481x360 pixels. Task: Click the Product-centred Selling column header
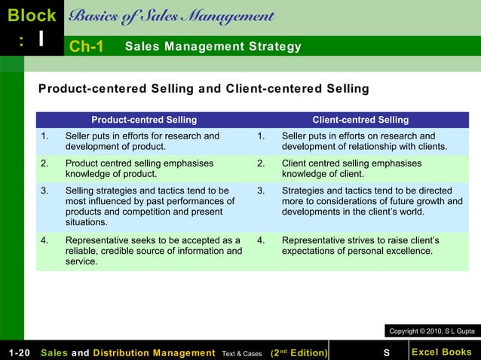pyautogui.click(x=144, y=120)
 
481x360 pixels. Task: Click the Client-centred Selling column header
pyautogui.click(x=360, y=120)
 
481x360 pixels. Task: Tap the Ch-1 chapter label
pyautogui.click(x=86, y=47)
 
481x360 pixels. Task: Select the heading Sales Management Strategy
pyautogui.click(x=213, y=47)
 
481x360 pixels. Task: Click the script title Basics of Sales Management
pyautogui.click(x=172, y=17)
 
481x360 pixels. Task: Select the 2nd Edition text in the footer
pyautogui.click(x=299, y=352)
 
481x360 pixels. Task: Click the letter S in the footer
pyautogui.click(x=386, y=352)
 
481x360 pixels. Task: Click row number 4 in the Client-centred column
pyautogui.click(x=261, y=241)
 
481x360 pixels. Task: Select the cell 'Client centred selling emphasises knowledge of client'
pyautogui.click(x=351, y=168)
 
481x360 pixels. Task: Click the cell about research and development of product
pyautogui.click(x=142, y=141)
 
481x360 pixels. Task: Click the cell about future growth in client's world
pyautogui.click(x=372, y=201)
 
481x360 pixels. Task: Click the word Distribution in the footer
pyautogui.click(x=130, y=352)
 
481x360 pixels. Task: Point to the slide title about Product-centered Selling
pyautogui.click(x=204, y=89)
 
